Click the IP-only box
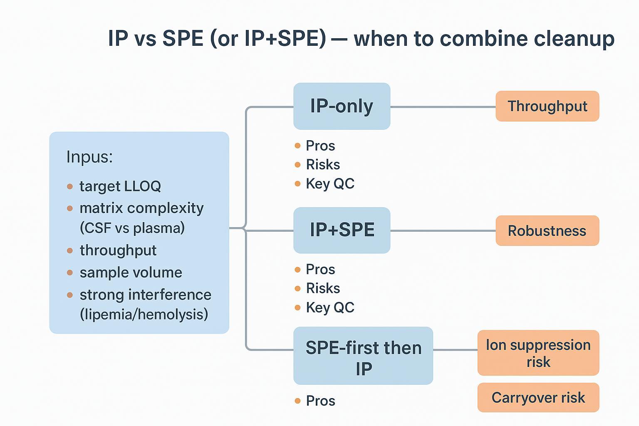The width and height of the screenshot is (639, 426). pyautogui.click(x=342, y=106)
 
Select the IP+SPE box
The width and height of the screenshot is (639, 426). pyautogui.click(x=342, y=230)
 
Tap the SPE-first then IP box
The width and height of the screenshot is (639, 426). pyautogui.click(x=363, y=356)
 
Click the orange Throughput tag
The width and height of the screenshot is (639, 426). pyautogui.click(x=547, y=106)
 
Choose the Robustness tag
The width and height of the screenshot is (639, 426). pyautogui.click(x=547, y=230)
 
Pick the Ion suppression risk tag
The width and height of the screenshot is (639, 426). pyautogui.click(x=538, y=353)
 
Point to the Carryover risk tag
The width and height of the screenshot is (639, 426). pyautogui.click(x=538, y=398)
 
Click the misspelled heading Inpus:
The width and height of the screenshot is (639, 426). pyautogui.click(x=89, y=157)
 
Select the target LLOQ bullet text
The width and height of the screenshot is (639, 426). pyautogui.click(x=120, y=186)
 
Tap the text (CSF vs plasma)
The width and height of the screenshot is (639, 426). pyautogui.click(x=132, y=228)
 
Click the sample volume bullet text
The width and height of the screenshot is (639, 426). pyautogui.click(x=131, y=272)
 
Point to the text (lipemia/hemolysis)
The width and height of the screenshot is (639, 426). pyautogui.click(x=144, y=314)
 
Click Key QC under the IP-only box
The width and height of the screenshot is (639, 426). pyautogui.click(x=330, y=183)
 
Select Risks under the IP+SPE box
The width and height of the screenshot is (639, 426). pyautogui.click(x=323, y=288)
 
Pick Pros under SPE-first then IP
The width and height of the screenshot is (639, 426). pyautogui.click(x=320, y=401)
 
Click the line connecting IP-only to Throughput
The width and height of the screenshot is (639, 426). pyautogui.click(x=443, y=107)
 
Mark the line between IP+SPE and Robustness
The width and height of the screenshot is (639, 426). pyautogui.click(x=443, y=230)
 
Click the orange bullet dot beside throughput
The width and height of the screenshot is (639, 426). pyautogui.click(x=70, y=250)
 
